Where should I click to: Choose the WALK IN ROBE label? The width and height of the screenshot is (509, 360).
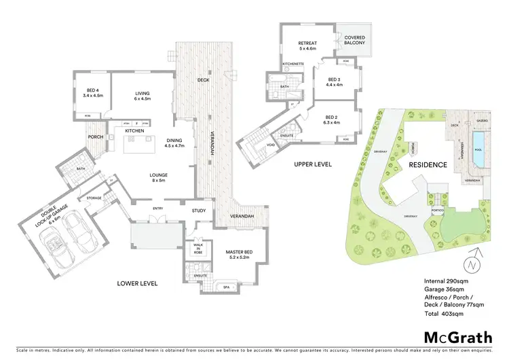pos(199,248)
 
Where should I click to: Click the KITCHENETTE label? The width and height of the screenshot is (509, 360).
pos(294,65)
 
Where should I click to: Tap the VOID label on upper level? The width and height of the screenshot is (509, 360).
pos(269,145)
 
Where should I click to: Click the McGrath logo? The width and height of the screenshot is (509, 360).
pos(453,338)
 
